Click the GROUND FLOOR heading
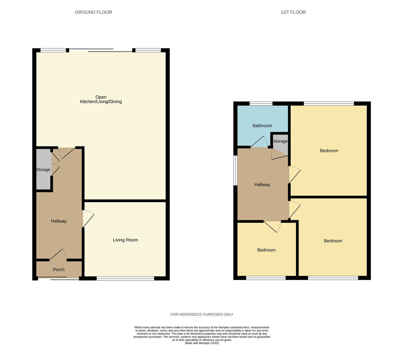(93, 12)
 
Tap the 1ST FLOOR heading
(293, 12)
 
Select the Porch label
(59, 270)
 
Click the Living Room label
(125, 240)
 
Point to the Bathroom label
(262, 125)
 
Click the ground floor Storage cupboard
(43, 169)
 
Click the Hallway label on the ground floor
(59, 221)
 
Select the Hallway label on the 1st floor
(262, 184)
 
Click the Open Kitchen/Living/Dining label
(101, 99)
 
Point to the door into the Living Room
(88, 219)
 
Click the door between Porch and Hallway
(58, 255)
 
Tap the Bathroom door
(259, 142)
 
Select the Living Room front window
(125, 278)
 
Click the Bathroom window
(261, 103)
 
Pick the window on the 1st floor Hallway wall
(235, 171)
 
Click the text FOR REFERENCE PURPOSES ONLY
(202, 314)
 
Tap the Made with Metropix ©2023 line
(202, 343)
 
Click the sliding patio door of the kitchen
(101, 50)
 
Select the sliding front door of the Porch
(59, 278)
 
